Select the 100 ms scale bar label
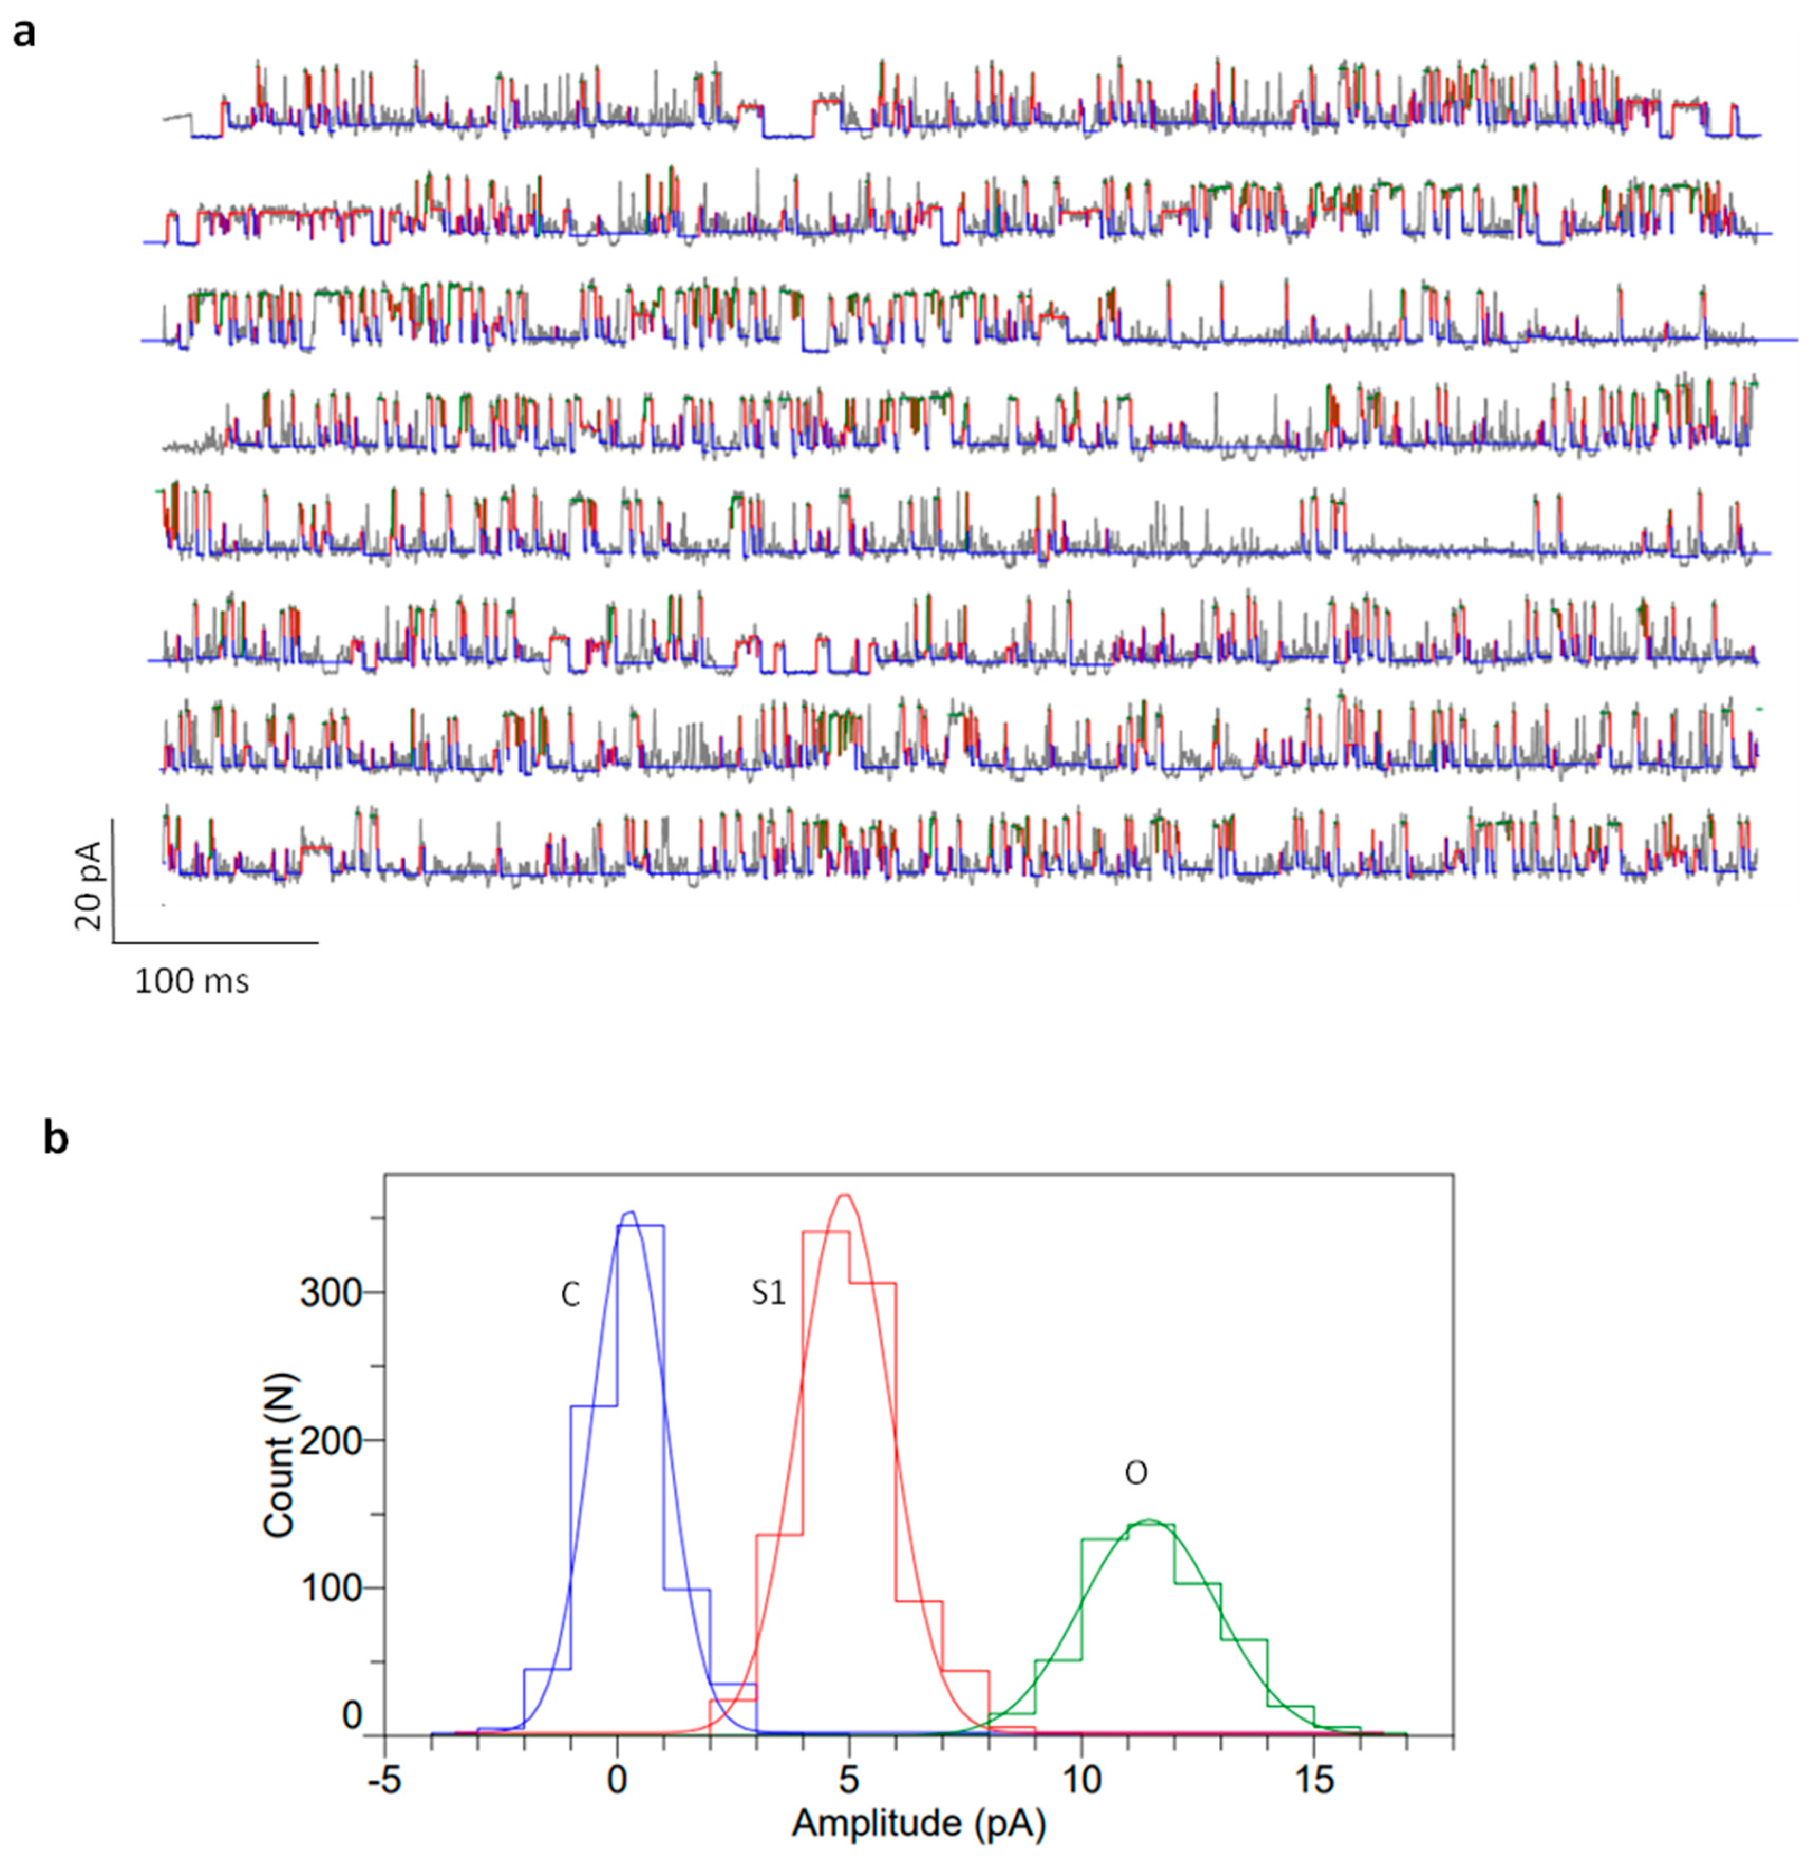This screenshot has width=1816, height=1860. pos(192,981)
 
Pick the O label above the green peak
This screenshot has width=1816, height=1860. pos(1135,1474)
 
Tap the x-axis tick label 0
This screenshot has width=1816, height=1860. pos(617,1782)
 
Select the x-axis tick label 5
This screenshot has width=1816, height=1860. pos(849,1782)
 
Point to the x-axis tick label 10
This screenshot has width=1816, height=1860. pos(1080,1782)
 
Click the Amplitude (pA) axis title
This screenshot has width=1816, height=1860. pos(918,1824)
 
